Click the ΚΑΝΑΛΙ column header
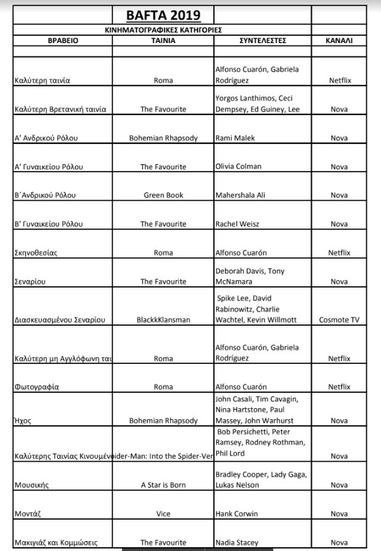[x=339, y=41]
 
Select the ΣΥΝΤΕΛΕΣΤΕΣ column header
[x=262, y=41]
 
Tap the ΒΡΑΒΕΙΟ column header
[x=63, y=41]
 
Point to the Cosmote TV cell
[x=339, y=320]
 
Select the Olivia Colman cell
[x=238, y=166]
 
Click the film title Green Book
[x=163, y=195]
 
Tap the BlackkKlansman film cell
[x=163, y=320]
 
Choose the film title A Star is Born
[x=163, y=485]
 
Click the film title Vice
[x=163, y=514]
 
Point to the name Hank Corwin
[x=237, y=514]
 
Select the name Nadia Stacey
[x=237, y=543]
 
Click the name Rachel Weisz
[x=237, y=224]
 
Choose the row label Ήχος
[x=23, y=421]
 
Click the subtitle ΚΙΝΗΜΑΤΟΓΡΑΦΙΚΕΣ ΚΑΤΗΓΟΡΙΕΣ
[x=163, y=30]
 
